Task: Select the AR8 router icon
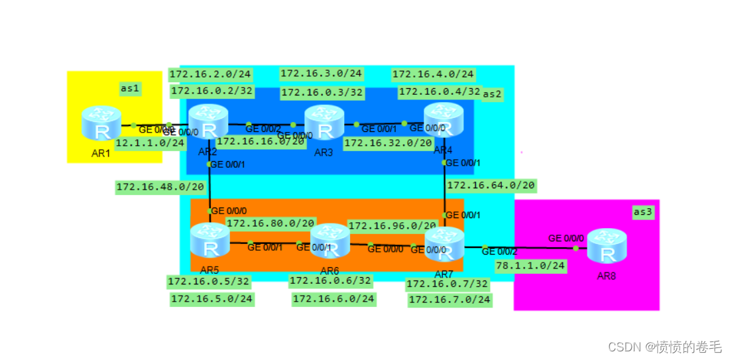point(606,246)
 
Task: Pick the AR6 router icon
point(330,241)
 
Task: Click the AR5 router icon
point(210,241)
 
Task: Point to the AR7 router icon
point(444,244)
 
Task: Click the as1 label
point(131,88)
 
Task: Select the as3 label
point(642,211)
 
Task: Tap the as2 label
point(492,94)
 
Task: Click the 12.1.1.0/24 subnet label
point(150,143)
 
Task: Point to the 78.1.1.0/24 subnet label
point(530,265)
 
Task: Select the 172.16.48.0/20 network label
point(160,187)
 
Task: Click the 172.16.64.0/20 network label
point(491,186)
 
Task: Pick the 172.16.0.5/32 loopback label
point(209,281)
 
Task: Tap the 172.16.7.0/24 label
point(450,300)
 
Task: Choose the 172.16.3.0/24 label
point(321,73)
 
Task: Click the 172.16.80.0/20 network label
point(271,223)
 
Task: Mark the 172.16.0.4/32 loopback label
point(439,91)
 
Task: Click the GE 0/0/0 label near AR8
point(566,238)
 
